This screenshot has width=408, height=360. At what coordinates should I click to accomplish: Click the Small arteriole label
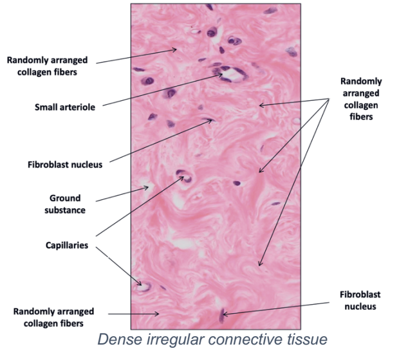click(64, 107)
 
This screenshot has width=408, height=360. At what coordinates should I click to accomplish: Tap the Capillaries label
click(64, 246)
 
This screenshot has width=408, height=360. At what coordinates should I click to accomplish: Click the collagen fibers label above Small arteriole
click(46, 66)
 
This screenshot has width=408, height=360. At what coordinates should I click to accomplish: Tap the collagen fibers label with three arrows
click(360, 99)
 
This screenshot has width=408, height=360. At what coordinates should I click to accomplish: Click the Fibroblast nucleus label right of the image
click(360, 300)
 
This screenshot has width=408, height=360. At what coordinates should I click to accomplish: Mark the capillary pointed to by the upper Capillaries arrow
click(184, 175)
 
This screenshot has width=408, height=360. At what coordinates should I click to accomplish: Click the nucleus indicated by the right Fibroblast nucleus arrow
click(223, 314)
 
